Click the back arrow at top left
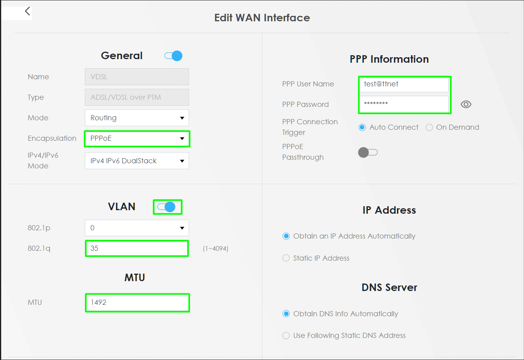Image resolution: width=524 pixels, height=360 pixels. (x=28, y=11)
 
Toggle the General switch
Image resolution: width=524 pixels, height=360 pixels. (x=173, y=56)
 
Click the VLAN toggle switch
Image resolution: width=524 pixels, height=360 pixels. (x=167, y=207)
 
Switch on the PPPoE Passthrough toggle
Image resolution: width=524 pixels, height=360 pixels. (x=368, y=153)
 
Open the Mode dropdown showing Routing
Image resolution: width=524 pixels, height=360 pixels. (x=137, y=118)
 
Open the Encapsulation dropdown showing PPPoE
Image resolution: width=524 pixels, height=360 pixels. (x=137, y=138)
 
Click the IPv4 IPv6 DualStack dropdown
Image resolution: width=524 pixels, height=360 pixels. (x=137, y=161)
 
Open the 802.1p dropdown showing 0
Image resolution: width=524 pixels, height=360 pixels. (x=137, y=228)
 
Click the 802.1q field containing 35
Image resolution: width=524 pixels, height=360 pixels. (x=137, y=248)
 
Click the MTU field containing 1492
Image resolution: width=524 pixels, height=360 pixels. (x=137, y=303)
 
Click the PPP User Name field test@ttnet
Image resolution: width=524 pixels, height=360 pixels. (x=404, y=84)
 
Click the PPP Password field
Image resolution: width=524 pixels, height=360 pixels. (x=404, y=104)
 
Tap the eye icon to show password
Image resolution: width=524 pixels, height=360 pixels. (x=466, y=104)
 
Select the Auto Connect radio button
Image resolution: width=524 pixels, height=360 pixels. (x=362, y=127)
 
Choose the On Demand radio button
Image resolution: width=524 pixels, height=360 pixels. (x=429, y=127)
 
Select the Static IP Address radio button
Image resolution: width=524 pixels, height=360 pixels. (x=286, y=258)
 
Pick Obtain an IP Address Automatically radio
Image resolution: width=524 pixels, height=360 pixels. (x=286, y=236)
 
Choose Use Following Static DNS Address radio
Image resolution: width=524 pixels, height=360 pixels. (x=286, y=336)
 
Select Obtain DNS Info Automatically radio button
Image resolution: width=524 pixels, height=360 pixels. (x=286, y=313)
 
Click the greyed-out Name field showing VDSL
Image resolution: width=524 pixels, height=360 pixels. (x=137, y=76)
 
